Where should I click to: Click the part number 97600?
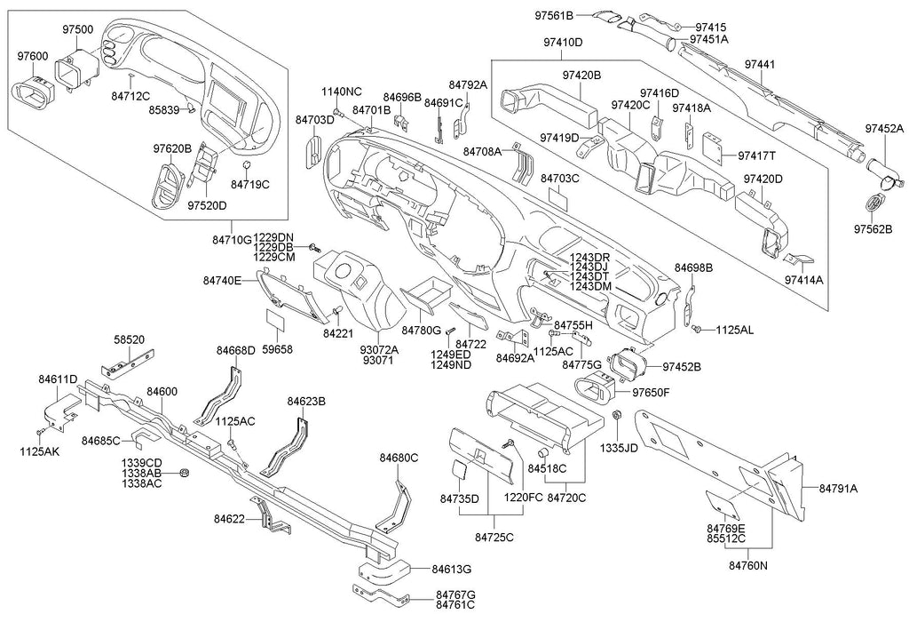coord(33,56)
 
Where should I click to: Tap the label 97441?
coord(759,64)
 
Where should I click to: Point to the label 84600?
coord(162,391)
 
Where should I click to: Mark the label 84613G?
coord(451,570)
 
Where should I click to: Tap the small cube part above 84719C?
coord(247,166)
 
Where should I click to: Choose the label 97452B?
coord(682,366)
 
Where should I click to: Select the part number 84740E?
coord(222,280)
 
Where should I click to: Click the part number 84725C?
coord(494,538)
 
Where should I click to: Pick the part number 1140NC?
coord(341,92)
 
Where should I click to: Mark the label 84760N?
coord(748,564)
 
